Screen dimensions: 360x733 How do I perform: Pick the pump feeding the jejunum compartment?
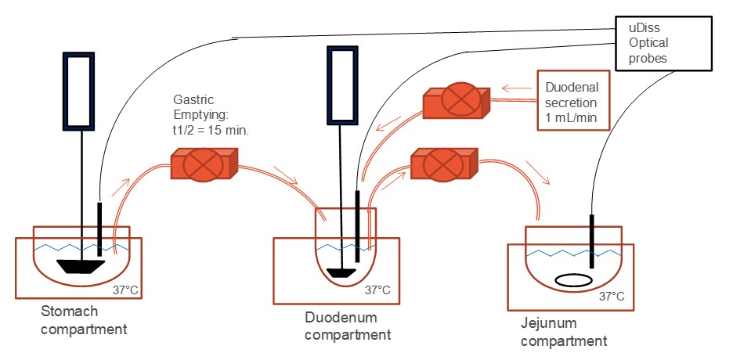coord(443,165)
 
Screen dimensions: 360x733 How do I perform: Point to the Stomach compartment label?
coord(84,321)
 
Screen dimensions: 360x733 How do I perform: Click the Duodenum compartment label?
coord(348,326)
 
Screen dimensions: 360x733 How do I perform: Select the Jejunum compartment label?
coord(563,332)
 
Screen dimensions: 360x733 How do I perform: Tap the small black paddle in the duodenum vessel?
coord(341,272)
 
